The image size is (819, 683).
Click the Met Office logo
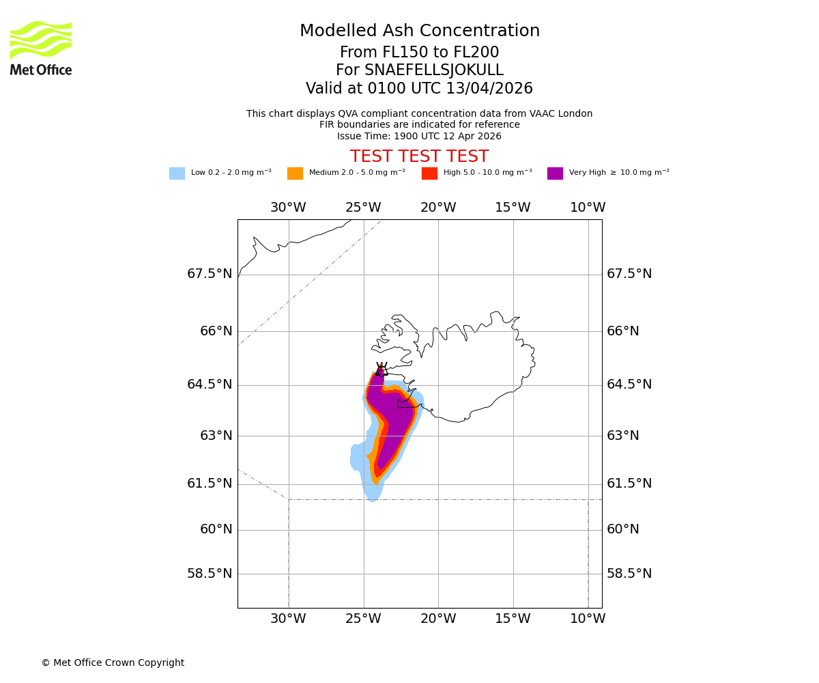click(x=41, y=48)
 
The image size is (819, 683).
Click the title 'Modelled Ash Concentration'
click(x=420, y=31)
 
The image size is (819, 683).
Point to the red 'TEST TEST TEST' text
click(x=419, y=156)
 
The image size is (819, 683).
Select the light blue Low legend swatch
click(x=177, y=173)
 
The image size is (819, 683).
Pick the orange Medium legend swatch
click(x=295, y=173)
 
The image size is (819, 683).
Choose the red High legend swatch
click(x=429, y=173)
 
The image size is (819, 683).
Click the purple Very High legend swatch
click(x=555, y=173)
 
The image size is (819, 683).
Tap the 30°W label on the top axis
click(x=288, y=208)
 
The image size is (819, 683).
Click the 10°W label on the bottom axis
click(x=588, y=619)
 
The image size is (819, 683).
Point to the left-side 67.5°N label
click(x=210, y=274)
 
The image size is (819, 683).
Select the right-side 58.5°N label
click(x=629, y=574)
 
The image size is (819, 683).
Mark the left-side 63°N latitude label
click(x=215, y=436)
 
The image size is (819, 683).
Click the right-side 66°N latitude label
click(x=623, y=331)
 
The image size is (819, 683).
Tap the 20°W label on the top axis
click(x=438, y=208)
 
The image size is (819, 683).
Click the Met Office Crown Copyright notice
click(x=113, y=663)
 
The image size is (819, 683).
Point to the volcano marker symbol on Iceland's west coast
click(x=381, y=370)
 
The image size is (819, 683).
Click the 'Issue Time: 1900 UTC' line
click(x=419, y=136)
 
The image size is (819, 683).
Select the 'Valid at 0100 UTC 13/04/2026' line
click(x=419, y=89)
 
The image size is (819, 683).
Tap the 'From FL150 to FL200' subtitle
click(x=419, y=53)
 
